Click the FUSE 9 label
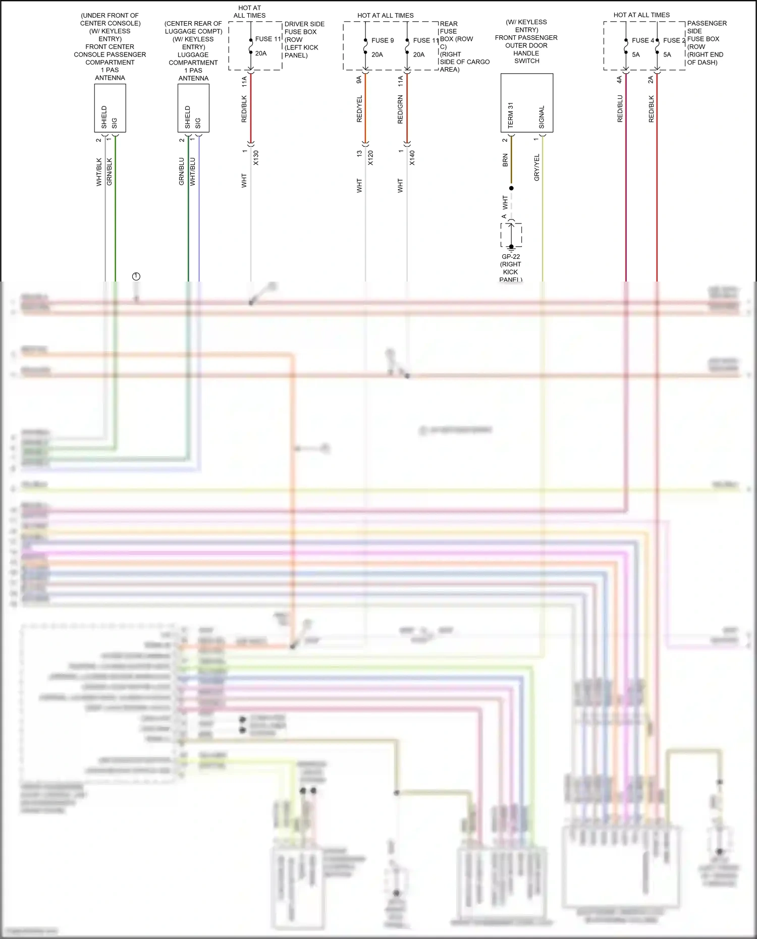[383, 40]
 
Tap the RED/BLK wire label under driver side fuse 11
[244, 109]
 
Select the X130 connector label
[256, 157]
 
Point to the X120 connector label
[370, 157]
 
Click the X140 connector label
[412, 157]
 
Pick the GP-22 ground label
[511, 257]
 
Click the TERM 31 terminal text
[510, 115]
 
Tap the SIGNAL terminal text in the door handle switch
[542, 117]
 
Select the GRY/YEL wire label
[536, 168]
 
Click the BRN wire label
[505, 160]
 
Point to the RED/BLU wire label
[620, 108]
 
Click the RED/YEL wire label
[359, 108]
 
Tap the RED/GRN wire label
[400, 109]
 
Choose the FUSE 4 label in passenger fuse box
[642, 40]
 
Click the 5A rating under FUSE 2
[667, 54]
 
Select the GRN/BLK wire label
[110, 172]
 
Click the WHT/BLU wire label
[192, 172]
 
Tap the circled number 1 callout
[136, 277]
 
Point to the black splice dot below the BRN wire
[511, 188]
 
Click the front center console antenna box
[110, 108]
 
